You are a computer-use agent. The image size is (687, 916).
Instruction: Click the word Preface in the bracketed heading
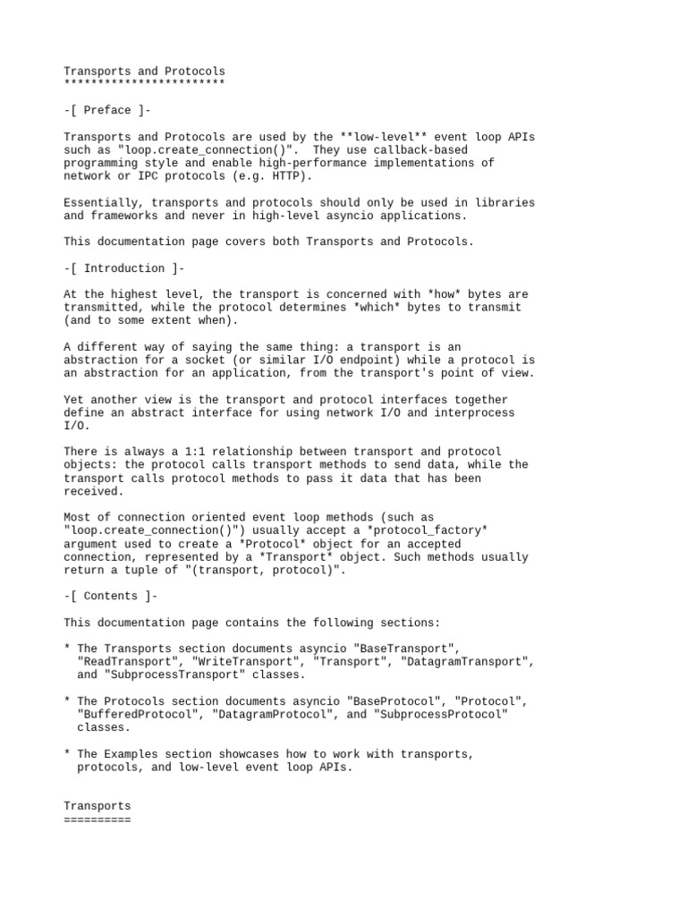(107, 110)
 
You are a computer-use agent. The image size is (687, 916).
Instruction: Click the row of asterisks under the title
(144, 83)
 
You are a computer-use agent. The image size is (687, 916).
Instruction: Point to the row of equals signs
(97, 819)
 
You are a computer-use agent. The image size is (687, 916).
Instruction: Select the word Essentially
(104, 202)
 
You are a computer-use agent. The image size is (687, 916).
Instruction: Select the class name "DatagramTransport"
(468, 662)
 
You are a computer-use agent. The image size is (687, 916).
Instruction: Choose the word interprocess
(474, 412)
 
